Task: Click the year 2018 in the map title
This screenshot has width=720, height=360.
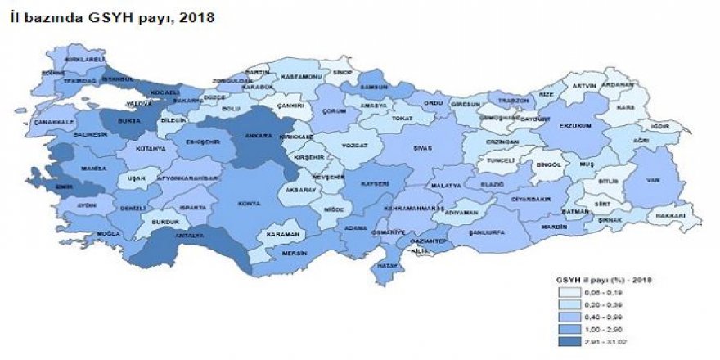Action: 200,16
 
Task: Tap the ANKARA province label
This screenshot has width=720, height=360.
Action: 259,137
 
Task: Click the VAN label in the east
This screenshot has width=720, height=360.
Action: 652,180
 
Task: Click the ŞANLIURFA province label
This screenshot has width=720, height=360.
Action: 486,232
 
